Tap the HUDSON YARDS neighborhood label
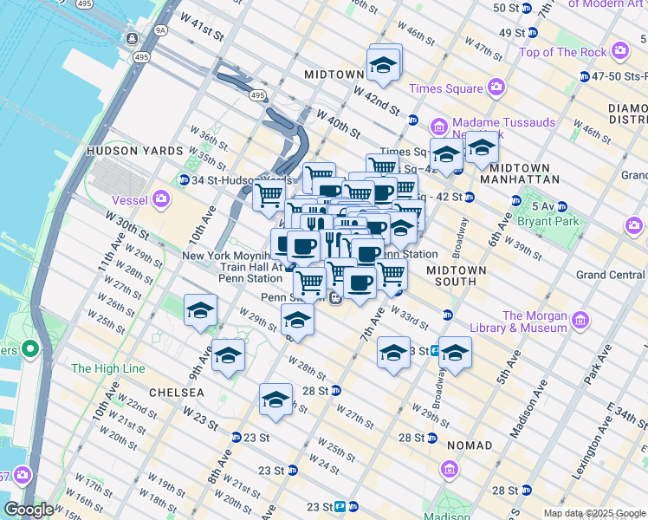tap(122, 151)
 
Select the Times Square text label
tap(445, 88)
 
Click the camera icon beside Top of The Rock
tap(619, 51)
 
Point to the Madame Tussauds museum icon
tap(439, 127)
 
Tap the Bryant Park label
tap(543, 222)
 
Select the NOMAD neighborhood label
tap(470, 445)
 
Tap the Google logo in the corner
tap(29, 509)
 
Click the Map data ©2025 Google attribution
tap(593, 513)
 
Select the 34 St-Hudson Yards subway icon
tap(184, 179)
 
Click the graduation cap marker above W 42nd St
tap(382, 65)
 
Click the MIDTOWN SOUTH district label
tap(457, 276)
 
